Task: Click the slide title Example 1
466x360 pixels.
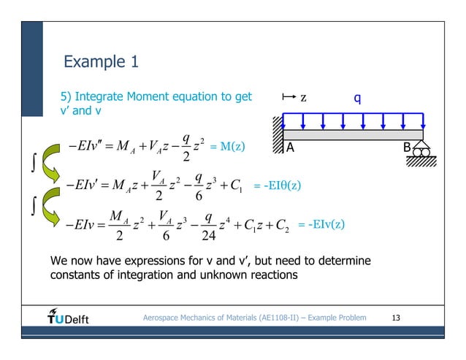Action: [x=102, y=61]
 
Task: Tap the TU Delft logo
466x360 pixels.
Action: [x=68, y=318]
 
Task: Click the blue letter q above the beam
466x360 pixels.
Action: [x=358, y=97]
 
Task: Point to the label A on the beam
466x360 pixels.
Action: [x=290, y=147]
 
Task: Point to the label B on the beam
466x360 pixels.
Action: [x=407, y=147]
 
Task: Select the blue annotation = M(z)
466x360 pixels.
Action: [x=227, y=147]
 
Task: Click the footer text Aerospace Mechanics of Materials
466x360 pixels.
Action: [x=212, y=318]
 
